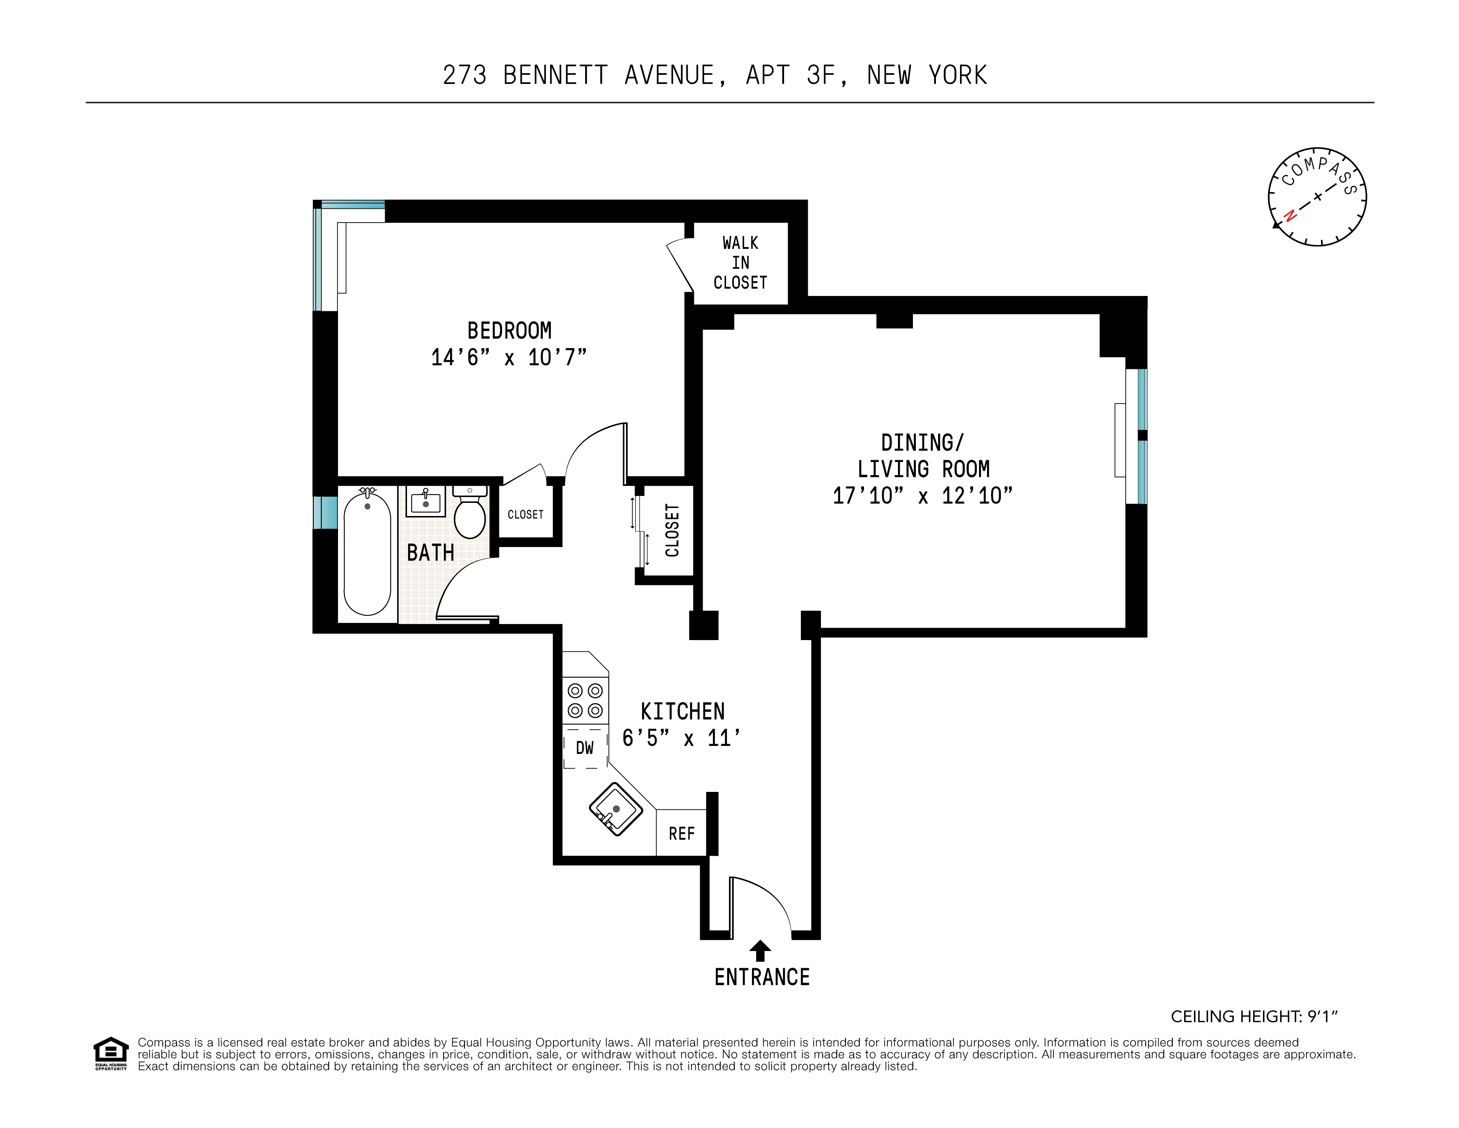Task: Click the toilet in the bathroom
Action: tap(470, 516)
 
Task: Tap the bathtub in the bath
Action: tap(367, 554)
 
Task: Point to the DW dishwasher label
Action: tap(584, 748)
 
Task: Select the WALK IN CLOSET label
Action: tap(740, 262)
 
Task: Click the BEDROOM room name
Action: tap(509, 331)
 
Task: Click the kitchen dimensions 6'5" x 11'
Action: tap(681, 738)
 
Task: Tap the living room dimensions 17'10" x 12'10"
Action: tap(922, 496)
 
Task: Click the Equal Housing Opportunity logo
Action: tap(111, 1053)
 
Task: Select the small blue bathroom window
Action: tap(325, 512)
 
